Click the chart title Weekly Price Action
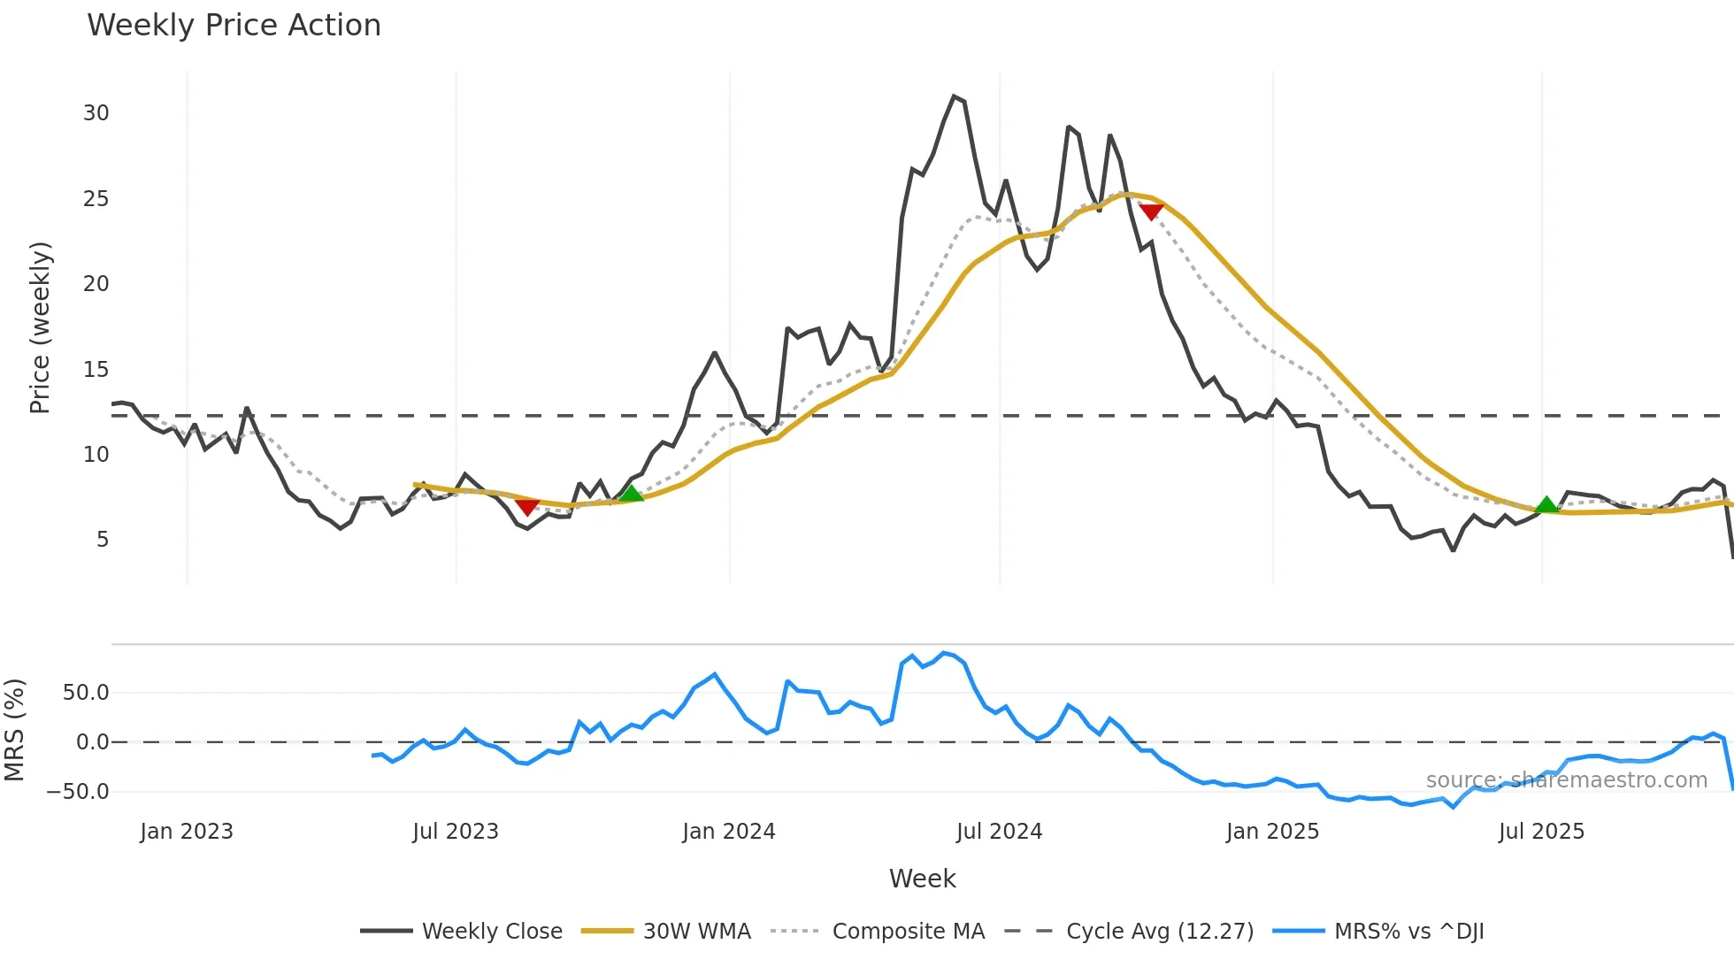pyautogui.click(x=234, y=26)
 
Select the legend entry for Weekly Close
pyautogui.click(x=491, y=932)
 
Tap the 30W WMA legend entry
pyautogui.click(x=696, y=932)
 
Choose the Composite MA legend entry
pyautogui.click(x=908, y=932)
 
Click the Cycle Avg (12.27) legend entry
pyautogui.click(x=1159, y=932)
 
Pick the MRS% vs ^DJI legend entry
pyautogui.click(x=1408, y=932)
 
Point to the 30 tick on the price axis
pyautogui.click(x=96, y=113)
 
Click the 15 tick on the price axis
pyautogui.click(x=96, y=370)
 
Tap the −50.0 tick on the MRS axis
pyautogui.click(x=78, y=792)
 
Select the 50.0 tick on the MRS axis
pyautogui.click(x=86, y=693)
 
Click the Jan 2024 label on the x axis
pyautogui.click(x=729, y=832)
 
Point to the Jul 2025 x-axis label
pyautogui.click(x=1541, y=832)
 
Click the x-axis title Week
pyautogui.click(x=922, y=879)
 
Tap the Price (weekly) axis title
pyautogui.click(x=41, y=327)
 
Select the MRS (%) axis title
pyautogui.click(x=15, y=730)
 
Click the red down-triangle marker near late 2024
pyautogui.click(x=1151, y=211)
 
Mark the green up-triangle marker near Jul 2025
pyautogui.click(x=1546, y=505)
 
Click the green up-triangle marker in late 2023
pyautogui.click(x=631, y=494)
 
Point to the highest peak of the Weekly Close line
pyautogui.click(x=954, y=96)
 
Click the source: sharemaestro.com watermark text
pyautogui.click(x=1566, y=780)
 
